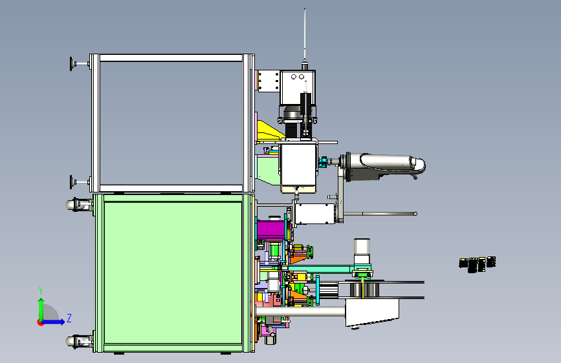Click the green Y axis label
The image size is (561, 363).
tap(41, 291)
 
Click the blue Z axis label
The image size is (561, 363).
tap(69, 318)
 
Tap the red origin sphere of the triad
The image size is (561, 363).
tap(40, 322)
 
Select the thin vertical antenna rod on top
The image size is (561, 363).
tap(305, 35)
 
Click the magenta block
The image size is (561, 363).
tap(270, 230)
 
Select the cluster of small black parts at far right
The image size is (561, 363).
tap(478, 264)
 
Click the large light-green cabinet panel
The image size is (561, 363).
tap(173, 273)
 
